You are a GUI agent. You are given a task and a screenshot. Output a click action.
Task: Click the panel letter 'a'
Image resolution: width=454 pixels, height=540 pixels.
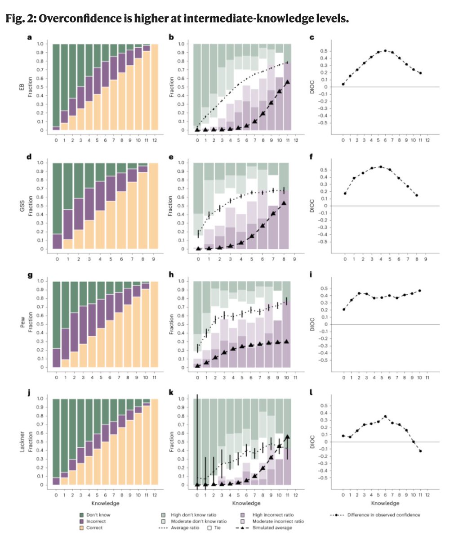29,37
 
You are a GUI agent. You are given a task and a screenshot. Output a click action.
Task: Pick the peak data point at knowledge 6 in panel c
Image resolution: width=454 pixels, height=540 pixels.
385,51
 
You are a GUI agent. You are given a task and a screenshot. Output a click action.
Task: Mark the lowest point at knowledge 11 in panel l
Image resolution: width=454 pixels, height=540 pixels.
421,451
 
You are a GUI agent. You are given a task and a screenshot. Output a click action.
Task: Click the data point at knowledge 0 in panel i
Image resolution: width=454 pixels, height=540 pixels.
343,309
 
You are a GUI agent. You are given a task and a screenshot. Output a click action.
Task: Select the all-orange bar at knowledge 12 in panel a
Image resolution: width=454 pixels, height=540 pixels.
155,87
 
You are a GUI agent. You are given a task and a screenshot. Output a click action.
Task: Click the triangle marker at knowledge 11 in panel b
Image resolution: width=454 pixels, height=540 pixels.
287,82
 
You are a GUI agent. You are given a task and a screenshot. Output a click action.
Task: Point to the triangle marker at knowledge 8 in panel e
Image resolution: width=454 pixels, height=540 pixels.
283,203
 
